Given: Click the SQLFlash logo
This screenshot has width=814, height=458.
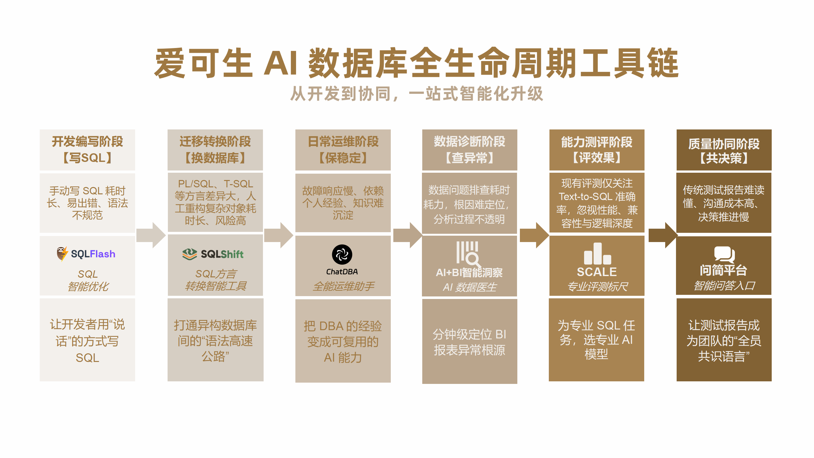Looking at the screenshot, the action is (x=86, y=254).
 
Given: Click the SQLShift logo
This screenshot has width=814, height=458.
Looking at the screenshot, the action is (x=213, y=254).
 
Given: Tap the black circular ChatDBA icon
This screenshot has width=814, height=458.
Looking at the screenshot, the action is (x=342, y=254).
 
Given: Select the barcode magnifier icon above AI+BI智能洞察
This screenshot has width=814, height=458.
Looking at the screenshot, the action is (x=468, y=253).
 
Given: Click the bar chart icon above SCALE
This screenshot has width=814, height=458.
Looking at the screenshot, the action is (x=597, y=254).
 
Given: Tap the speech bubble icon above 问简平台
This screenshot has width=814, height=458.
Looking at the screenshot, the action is (x=724, y=254).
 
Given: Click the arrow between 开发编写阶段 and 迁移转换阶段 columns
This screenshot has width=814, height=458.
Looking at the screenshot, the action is (x=151, y=235).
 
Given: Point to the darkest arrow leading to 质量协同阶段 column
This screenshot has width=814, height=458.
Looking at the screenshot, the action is (x=663, y=235).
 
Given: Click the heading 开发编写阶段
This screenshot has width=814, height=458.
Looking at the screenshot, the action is (x=87, y=142).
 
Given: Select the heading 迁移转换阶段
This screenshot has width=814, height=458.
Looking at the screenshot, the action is (x=215, y=142).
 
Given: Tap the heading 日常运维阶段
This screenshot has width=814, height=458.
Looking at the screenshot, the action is (x=343, y=142).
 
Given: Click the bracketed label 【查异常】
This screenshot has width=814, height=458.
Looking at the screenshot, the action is (x=469, y=158).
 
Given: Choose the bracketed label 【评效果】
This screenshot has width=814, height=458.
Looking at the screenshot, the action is (x=597, y=158).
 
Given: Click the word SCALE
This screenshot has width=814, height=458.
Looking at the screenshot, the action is (x=597, y=272).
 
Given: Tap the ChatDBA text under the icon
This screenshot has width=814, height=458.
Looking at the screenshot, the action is (x=342, y=272).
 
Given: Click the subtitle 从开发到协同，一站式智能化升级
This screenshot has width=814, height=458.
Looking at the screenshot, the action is (x=417, y=94).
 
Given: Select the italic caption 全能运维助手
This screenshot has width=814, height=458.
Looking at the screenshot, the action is (x=343, y=286).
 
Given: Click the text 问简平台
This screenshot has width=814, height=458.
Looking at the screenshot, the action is (x=723, y=270).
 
